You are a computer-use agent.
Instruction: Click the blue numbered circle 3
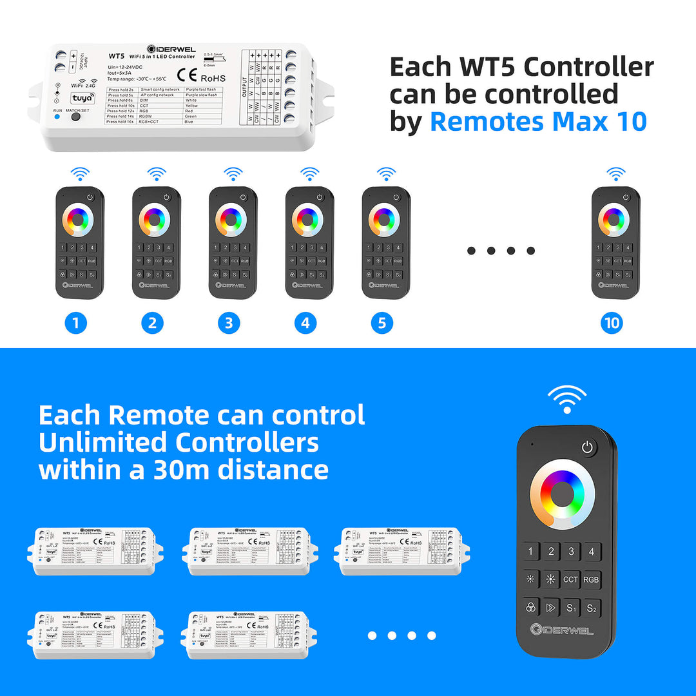point(229,323)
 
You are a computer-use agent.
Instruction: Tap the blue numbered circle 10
point(612,323)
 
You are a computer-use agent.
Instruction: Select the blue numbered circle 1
point(75,323)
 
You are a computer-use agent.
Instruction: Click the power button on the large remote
point(587,447)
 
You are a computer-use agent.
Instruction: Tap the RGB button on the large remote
point(591,579)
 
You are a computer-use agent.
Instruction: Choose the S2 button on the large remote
point(591,608)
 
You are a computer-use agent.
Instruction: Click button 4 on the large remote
point(591,552)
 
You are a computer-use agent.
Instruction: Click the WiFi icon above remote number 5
point(386,174)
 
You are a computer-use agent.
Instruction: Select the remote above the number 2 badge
point(157,243)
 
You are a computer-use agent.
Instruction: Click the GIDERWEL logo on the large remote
point(562,630)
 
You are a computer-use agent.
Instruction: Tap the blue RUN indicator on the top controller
point(57,117)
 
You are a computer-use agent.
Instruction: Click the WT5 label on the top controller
point(117,56)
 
